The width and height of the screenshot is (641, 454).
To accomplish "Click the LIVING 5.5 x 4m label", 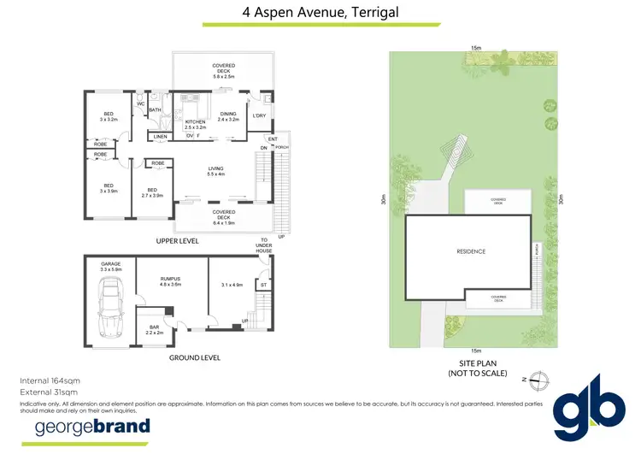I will [x=215, y=171].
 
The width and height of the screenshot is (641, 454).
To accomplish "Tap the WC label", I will [x=140, y=105].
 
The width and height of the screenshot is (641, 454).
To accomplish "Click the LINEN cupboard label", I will [x=160, y=137].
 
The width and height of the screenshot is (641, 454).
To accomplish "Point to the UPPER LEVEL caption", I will [x=179, y=242].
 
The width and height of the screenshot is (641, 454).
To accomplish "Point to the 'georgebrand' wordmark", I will [x=91, y=426].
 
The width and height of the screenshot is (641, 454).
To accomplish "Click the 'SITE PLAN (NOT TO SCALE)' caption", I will [x=477, y=369].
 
